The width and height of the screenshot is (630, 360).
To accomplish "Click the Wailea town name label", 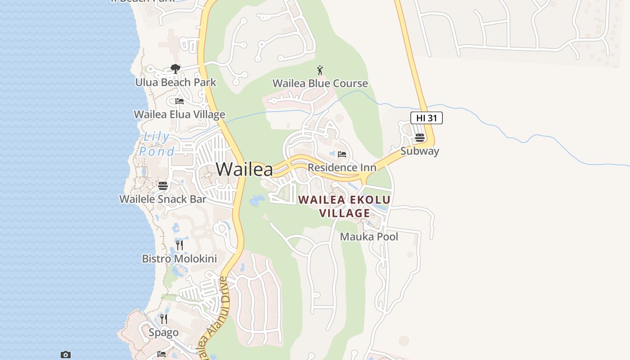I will coord(244,169).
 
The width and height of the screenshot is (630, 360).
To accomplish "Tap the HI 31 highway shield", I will coord(426,118).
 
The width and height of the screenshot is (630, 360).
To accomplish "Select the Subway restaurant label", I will coord(419,151).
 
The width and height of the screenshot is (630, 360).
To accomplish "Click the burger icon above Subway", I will coord(419,137).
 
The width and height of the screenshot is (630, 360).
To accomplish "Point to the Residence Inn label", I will coord(342,168).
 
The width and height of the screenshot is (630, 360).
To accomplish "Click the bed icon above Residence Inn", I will coord(342,154).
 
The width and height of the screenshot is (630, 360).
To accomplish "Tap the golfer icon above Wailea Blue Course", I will coord(320,70).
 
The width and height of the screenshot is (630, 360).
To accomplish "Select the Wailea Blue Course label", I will coord(320,83).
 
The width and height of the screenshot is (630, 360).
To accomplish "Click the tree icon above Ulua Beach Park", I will coord(175,69).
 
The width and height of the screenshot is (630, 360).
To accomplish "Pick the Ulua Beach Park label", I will coord(175,82).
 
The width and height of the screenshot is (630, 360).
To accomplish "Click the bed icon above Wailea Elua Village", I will coord(180,101).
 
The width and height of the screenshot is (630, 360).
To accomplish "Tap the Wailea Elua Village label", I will coord(180,114).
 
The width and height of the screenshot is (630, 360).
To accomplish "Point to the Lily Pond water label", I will coord(156,144).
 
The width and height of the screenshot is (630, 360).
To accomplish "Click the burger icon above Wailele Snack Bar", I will coord(163,185).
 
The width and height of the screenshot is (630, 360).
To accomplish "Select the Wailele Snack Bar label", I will coord(163,199).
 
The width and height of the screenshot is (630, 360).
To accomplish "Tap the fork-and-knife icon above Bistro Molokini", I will coord(180,245).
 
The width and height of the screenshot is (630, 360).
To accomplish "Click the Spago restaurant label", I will coord(164,333).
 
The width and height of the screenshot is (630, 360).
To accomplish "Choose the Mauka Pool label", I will coord(369,236).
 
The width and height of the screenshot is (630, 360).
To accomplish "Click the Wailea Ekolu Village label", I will coord(345,206).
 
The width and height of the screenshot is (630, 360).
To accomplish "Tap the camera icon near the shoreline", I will coord(66,355).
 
